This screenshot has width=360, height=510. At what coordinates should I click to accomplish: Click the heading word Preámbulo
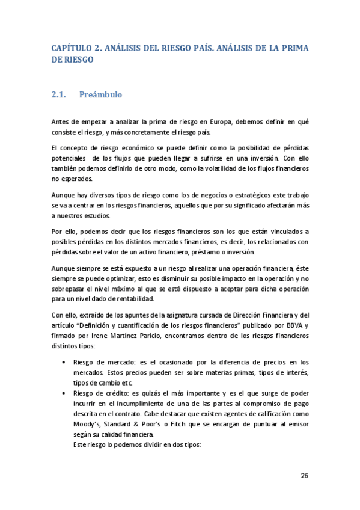[101, 94]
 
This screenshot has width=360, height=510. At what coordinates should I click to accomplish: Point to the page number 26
[305, 476]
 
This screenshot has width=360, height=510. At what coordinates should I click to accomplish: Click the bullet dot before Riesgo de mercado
[64, 363]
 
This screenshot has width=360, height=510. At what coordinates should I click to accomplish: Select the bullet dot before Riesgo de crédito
[64, 392]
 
